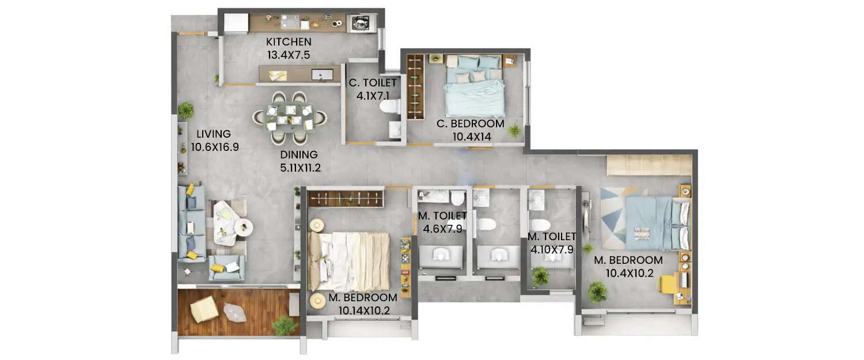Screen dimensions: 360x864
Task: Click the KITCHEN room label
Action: [289, 42]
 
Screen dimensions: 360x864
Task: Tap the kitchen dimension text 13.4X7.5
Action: [289, 55]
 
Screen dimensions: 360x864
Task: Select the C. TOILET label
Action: [373, 84]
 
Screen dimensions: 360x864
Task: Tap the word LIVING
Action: [213, 134]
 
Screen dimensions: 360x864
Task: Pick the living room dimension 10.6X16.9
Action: [215, 147]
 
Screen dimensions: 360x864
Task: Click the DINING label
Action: [299, 155]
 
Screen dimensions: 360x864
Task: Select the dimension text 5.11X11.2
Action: [300, 168]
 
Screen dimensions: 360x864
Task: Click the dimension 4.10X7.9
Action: [552, 249]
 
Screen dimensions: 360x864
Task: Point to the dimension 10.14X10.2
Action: [363, 310]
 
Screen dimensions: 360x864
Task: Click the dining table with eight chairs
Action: [289, 117]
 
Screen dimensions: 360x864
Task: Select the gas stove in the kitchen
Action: [360, 23]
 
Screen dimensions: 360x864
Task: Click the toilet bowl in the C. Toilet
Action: [391, 107]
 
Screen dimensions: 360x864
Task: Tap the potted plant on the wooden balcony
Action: [285, 325]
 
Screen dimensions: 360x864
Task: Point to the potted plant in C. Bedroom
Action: [514, 131]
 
